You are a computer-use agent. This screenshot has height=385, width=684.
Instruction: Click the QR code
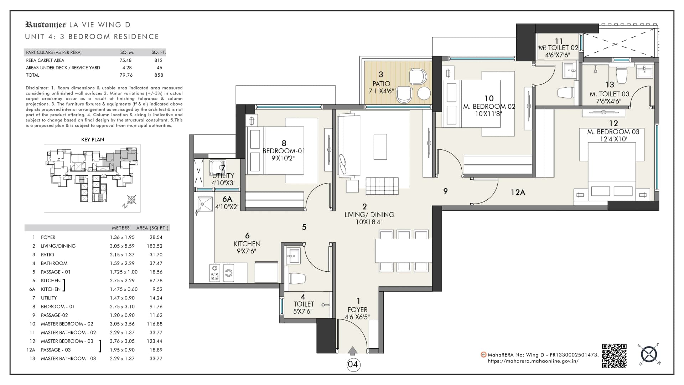[614, 356]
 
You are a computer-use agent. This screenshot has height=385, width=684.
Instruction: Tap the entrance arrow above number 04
[352, 351]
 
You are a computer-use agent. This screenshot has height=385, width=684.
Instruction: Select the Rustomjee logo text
[46, 25]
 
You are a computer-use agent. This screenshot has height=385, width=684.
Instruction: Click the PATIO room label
[381, 84]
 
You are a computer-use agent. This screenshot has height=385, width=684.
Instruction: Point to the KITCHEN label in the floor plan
[247, 244]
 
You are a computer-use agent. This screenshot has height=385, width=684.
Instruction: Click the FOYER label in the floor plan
[357, 310]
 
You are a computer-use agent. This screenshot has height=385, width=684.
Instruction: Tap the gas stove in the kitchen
[222, 272]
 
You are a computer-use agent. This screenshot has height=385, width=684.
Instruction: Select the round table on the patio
[424, 93]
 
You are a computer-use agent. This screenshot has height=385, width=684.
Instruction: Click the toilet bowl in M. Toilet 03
[622, 74]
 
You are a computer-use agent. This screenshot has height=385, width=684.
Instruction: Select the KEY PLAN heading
[93, 140]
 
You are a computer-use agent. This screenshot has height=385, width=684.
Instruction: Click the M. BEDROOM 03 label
[613, 132]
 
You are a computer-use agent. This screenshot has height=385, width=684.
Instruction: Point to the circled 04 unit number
[353, 364]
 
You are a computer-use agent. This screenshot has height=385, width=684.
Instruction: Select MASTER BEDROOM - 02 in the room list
[67, 324]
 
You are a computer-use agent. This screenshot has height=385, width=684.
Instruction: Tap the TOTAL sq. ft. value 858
[159, 75]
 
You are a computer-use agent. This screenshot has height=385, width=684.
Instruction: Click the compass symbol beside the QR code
[649, 354]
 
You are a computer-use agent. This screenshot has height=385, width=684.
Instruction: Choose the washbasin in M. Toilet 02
[569, 70]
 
